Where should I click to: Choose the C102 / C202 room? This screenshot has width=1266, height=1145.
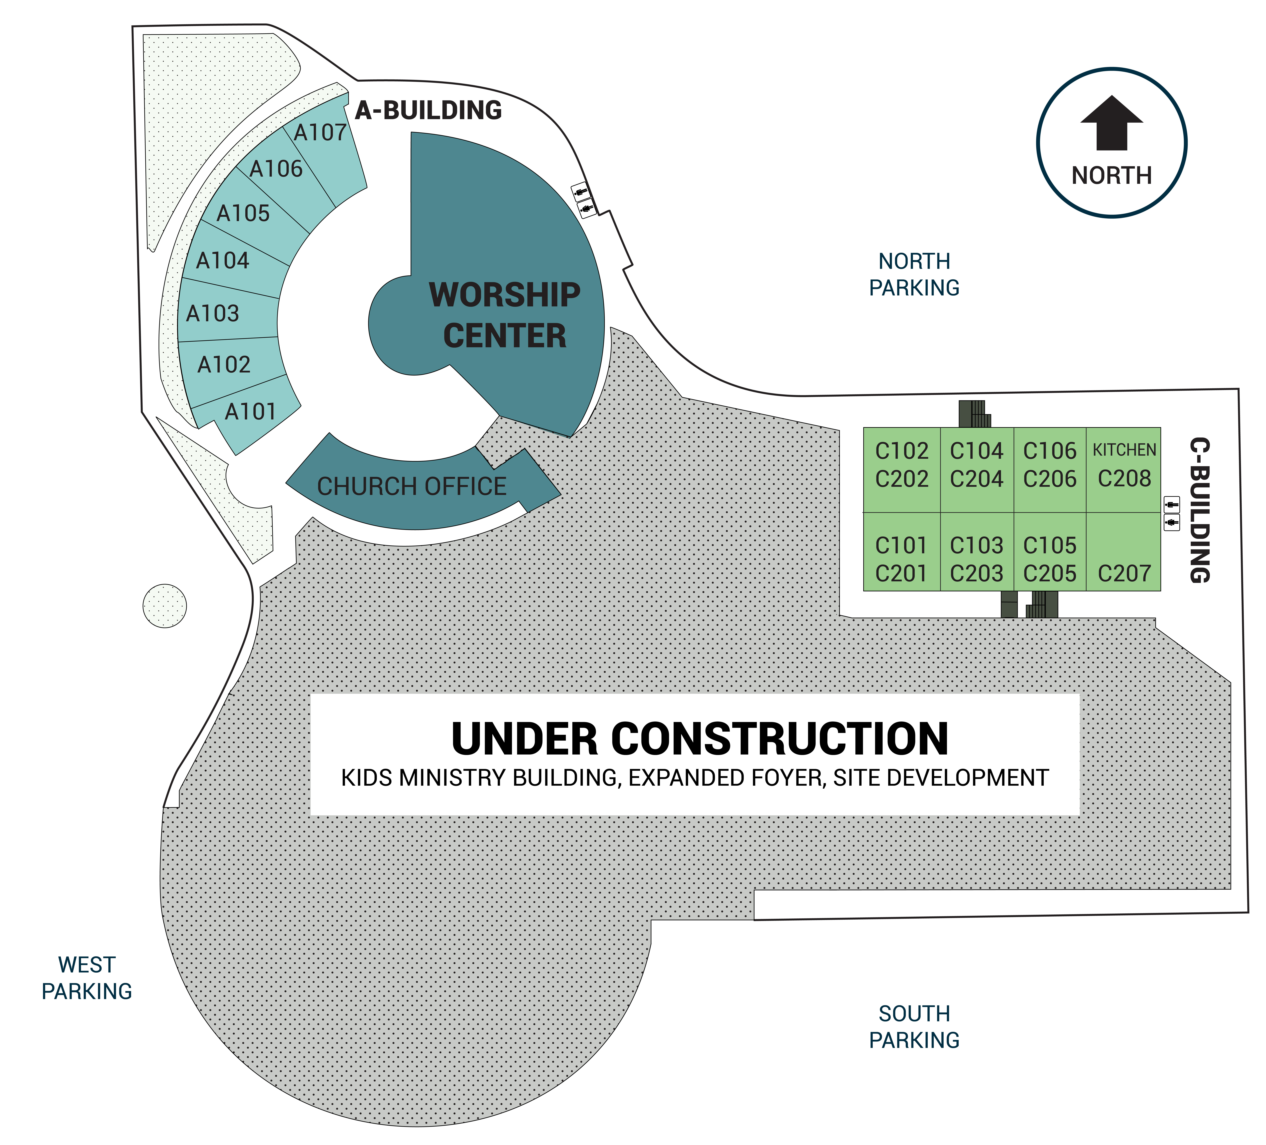pos(902,470)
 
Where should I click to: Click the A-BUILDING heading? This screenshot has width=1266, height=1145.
pos(428,111)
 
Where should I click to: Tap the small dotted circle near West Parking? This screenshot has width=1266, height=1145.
pos(165,606)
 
